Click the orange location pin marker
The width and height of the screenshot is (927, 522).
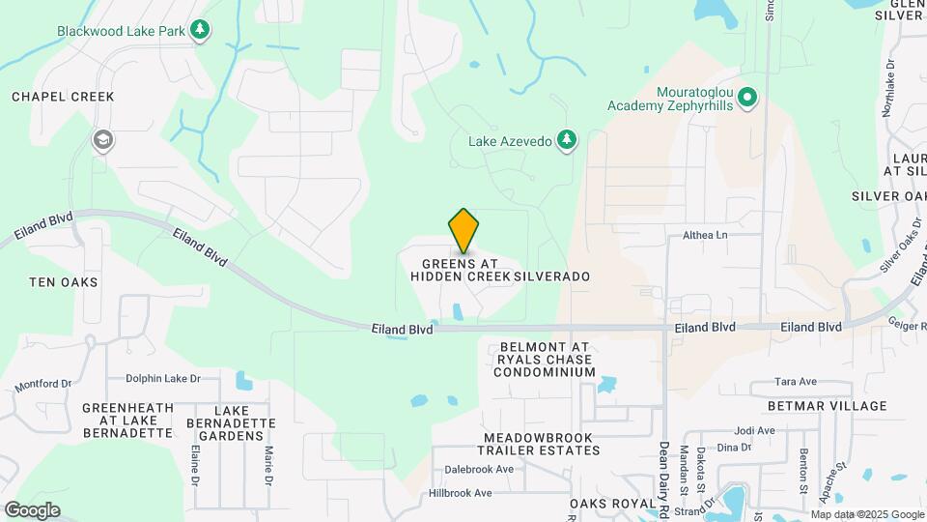tap(464, 230)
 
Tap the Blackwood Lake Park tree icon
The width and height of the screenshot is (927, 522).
tap(200, 30)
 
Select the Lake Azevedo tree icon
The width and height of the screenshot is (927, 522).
tap(567, 141)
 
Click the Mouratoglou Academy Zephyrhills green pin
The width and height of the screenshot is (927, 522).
tap(747, 98)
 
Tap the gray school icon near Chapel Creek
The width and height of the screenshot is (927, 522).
tap(101, 141)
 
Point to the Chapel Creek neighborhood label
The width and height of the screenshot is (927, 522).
tap(63, 97)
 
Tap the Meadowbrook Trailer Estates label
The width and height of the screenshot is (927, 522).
tap(539, 444)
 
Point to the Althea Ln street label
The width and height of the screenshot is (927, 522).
tap(705, 235)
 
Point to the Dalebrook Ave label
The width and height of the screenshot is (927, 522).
tap(479, 470)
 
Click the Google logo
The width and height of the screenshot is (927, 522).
tap(31, 509)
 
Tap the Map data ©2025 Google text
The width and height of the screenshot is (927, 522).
tap(868, 514)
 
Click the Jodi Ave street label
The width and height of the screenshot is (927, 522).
tap(755, 430)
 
